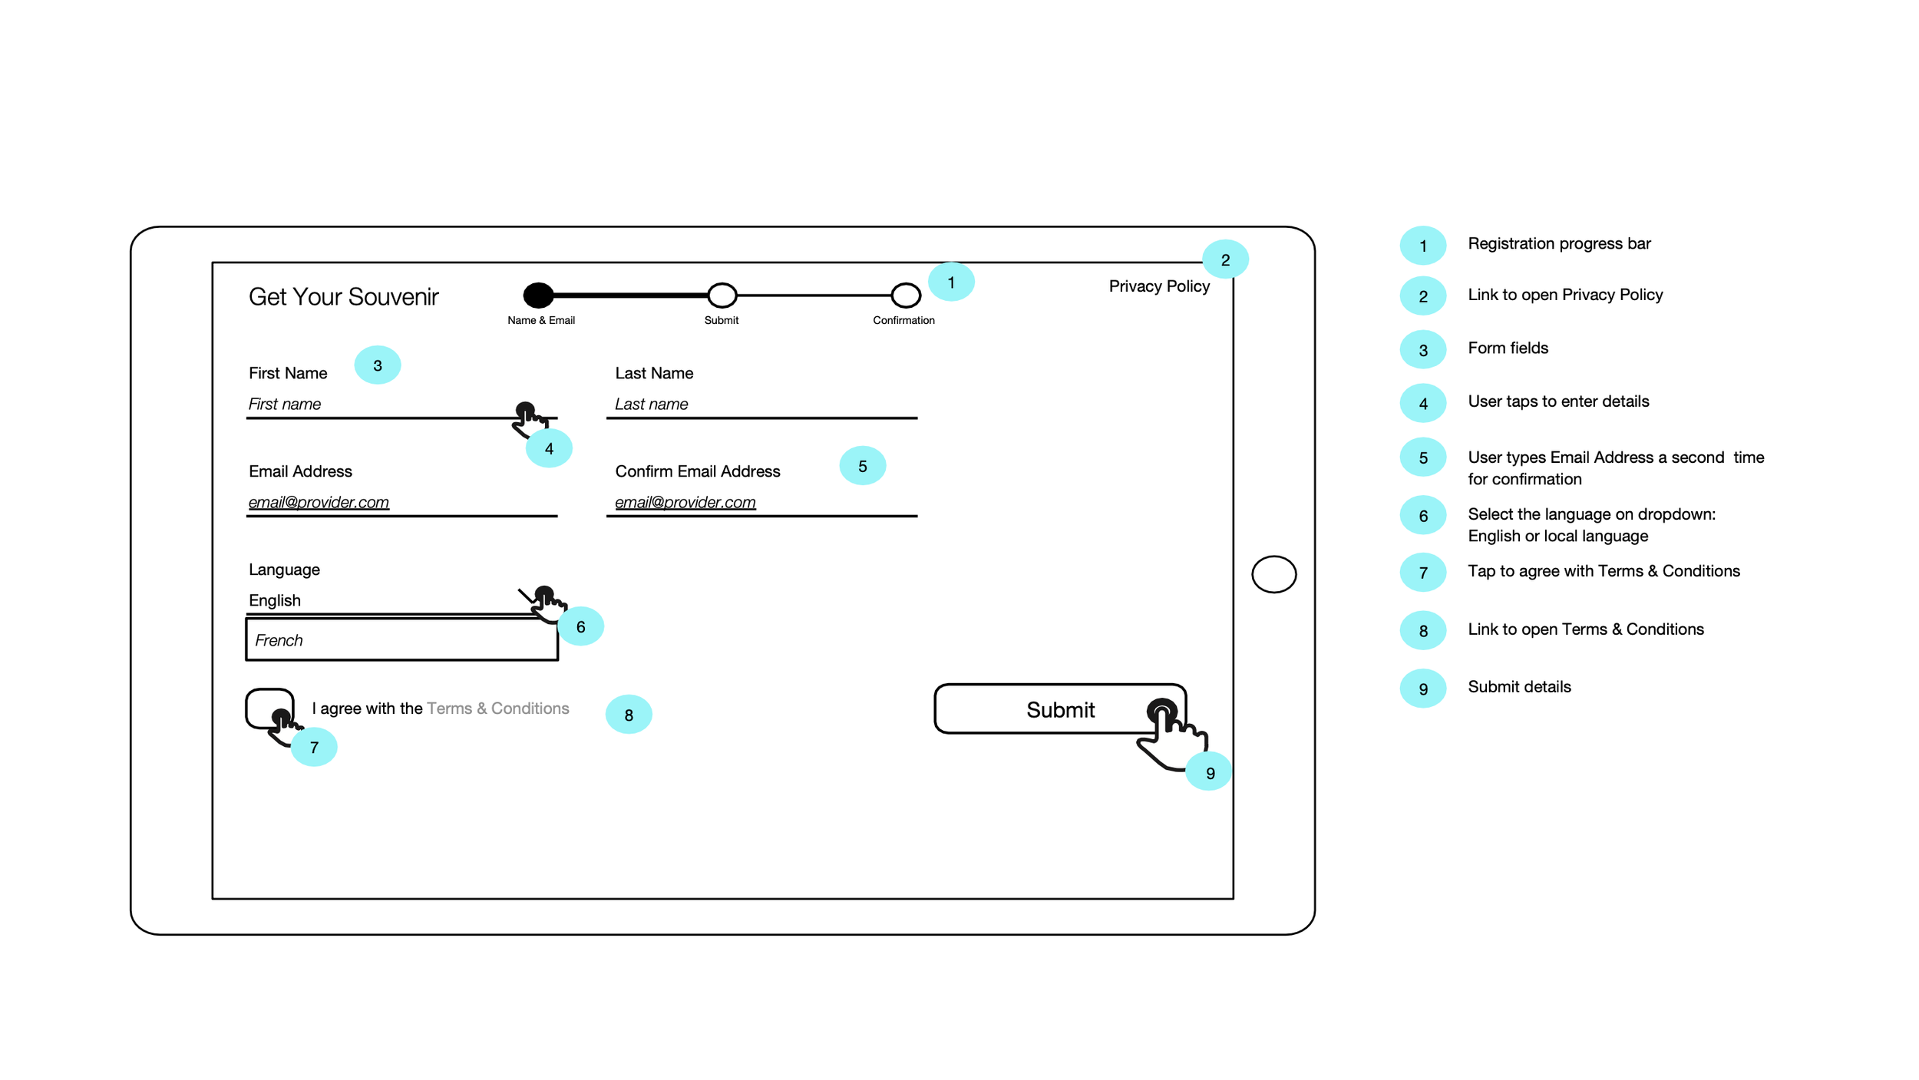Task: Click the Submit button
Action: click(1059, 709)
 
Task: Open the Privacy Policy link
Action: click(1158, 286)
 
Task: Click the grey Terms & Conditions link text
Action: click(497, 708)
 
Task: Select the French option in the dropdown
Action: click(401, 640)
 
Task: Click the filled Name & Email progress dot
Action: click(538, 295)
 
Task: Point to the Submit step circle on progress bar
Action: click(722, 295)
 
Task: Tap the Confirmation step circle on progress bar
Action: click(905, 295)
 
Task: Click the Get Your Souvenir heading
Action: click(343, 297)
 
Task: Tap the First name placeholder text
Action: click(285, 405)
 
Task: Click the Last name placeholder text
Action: click(651, 405)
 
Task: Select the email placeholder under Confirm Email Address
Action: click(685, 502)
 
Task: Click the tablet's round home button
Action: click(1273, 574)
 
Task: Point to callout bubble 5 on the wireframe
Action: click(862, 466)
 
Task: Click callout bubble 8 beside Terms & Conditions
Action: click(628, 715)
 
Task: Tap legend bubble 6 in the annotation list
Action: click(1422, 516)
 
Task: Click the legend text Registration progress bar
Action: click(1558, 244)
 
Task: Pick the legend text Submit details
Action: click(1518, 687)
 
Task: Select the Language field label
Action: click(284, 570)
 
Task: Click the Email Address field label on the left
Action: click(300, 471)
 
